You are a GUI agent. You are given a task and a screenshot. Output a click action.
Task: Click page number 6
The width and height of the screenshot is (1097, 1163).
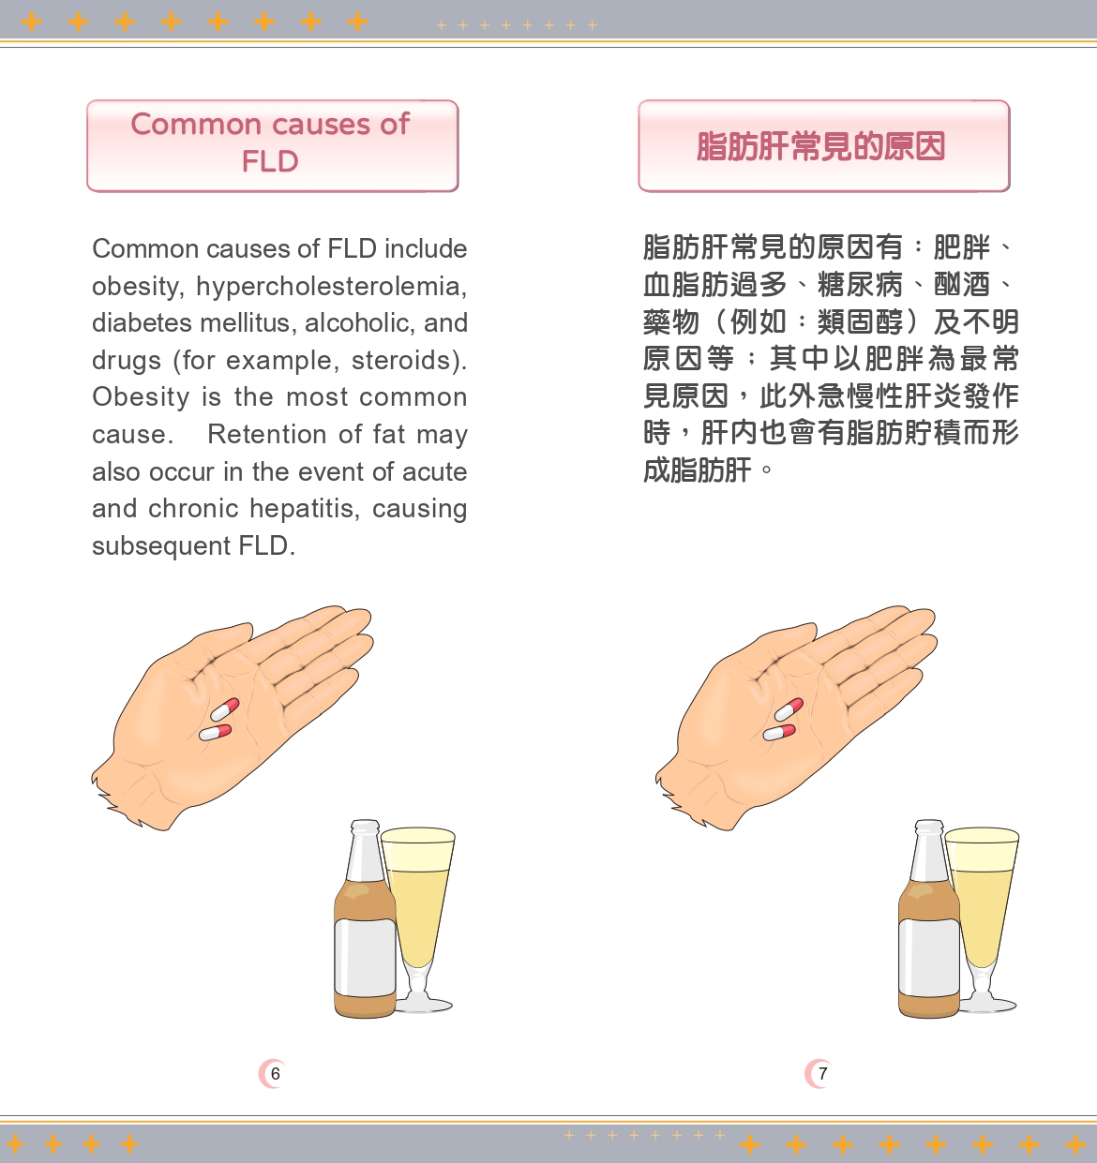pos(275,1074)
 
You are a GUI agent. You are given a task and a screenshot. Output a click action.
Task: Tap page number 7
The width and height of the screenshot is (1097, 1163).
pos(822,1074)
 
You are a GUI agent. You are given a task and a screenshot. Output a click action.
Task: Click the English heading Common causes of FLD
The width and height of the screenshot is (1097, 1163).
pos(271,143)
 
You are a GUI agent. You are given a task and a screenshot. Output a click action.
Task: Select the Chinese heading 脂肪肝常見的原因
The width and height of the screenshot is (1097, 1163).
pos(821,146)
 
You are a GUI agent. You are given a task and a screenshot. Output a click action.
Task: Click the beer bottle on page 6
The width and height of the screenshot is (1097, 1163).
pos(364,928)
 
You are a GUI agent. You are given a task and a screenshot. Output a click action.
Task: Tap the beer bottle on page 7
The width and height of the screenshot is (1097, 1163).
pos(928,928)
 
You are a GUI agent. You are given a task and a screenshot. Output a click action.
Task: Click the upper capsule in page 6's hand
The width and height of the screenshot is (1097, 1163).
pos(225,709)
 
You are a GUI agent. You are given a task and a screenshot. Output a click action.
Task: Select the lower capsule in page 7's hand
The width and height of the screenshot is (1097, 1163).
pos(779,733)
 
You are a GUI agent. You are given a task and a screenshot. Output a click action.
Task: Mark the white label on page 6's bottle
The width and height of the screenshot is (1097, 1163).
pos(364,956)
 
